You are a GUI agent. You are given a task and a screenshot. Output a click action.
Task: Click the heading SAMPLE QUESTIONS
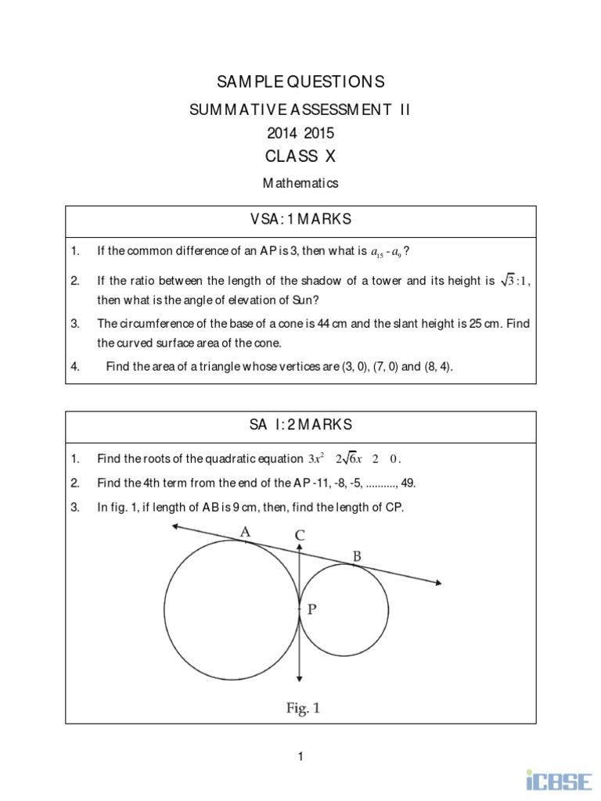click(x=300, y=81)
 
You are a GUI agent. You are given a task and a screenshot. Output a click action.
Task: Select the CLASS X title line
click(x=300, y=156)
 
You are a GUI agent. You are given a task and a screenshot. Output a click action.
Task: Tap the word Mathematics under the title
click(x=300, y=184)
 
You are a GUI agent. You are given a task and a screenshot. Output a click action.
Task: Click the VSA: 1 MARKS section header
click(x=300, y=221)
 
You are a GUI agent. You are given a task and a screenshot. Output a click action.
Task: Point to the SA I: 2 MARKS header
click(x=300, y=425)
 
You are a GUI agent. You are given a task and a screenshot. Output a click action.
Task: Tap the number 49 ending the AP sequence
click(x=408, y=483)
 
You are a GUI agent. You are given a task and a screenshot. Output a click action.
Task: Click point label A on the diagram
click(x=245, y=533)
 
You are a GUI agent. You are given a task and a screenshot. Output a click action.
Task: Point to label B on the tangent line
click(x=357, y=556)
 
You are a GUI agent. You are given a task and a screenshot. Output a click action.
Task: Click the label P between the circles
click(x=311, y=610)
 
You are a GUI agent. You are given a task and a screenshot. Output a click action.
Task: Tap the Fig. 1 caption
click(x=302, y=709)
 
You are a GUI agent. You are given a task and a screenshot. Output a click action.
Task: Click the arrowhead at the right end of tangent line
click(x=439, y=581)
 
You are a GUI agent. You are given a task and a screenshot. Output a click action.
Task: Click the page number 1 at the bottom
click(x=300, y=756)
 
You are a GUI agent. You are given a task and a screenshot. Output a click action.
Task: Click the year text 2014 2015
click(x=300, y=133)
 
